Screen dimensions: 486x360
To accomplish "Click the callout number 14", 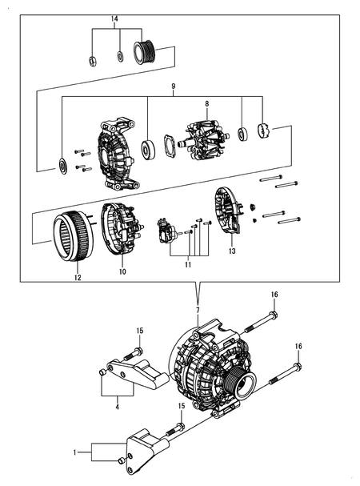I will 114,18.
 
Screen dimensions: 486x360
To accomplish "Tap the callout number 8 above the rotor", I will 206,104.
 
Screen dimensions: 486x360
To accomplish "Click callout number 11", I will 189,263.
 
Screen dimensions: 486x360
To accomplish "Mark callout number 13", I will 231,251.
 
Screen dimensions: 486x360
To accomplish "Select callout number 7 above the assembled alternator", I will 198,310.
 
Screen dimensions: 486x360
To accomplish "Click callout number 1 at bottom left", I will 77,453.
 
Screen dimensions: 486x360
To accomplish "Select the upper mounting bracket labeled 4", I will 140,374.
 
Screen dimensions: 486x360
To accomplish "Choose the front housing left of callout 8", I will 118,152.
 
